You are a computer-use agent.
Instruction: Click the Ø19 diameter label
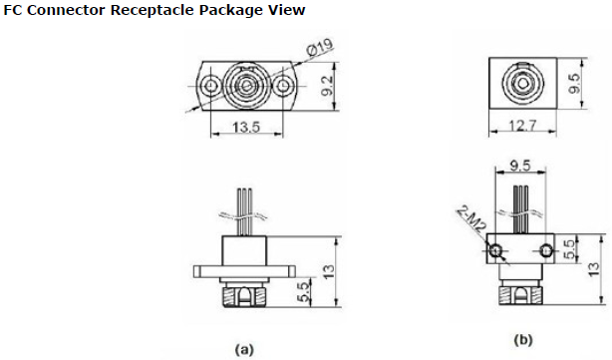(320, 48)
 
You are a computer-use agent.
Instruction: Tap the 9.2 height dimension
(327, 86)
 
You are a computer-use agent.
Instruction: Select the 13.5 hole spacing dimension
(246, 127)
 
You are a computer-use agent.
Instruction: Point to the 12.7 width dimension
(523, 126)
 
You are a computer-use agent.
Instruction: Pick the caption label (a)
(244, 349)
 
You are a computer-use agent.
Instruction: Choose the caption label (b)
(523, 340)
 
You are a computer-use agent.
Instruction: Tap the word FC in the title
(13, 10)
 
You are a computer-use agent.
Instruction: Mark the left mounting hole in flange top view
(211, 86)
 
